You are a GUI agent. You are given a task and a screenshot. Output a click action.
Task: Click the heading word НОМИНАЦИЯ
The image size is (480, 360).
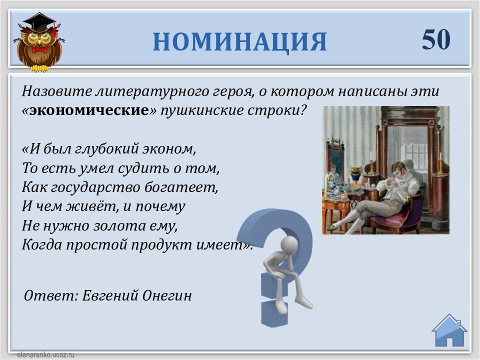pos(239,41)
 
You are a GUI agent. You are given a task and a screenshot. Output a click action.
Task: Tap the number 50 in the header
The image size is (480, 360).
pos(436,39)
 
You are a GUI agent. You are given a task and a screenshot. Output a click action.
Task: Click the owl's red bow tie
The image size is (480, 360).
pos(39,49)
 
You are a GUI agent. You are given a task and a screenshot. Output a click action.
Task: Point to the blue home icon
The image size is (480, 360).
pos(449,330)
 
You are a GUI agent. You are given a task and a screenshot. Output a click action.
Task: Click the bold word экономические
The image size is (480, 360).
pos(89,110)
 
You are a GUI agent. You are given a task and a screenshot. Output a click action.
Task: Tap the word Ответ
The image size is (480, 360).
pos(51,295)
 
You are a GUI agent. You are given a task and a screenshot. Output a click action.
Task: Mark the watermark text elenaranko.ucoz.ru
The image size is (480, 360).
pos(45,355)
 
